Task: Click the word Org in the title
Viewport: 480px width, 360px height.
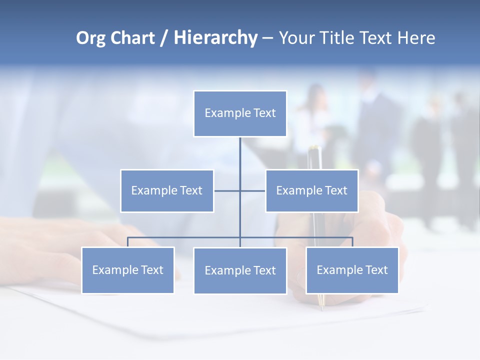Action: tap(91, 38)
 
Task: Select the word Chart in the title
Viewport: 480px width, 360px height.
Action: tap(131, 38)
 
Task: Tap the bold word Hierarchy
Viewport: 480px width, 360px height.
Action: tap(215, 38)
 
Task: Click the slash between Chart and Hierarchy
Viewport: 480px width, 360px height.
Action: tap(164, 38)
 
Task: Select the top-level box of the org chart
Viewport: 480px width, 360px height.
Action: tap(240, 113)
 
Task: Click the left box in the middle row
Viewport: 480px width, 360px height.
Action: tap(167, 191)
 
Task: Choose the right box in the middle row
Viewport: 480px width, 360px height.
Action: tap(312, 191)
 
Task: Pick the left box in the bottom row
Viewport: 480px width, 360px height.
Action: tap(127, 270)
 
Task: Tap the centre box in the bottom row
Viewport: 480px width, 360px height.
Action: tap(240, 271)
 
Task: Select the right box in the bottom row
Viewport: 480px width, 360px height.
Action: tap(352, 270)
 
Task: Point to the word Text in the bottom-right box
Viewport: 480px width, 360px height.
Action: tap(376, 270)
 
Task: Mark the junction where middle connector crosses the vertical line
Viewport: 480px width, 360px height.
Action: tap(240, 190)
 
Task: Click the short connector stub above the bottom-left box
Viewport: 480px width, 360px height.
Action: tap(127, 242)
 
